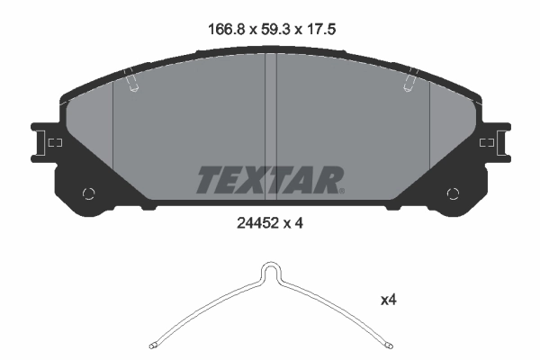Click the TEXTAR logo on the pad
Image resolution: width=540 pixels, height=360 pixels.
pyautogui.click(x=268, y=180)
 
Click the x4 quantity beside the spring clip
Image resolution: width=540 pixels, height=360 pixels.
pyautogui.click(x=388, y=301)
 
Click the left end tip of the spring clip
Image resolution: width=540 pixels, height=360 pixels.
pyautogui.click(x=153, y=344)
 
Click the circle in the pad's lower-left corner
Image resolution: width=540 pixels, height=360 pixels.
pyautogui.click(x=88, y=193)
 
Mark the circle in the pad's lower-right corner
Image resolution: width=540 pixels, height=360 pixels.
pyautogui.click(x=453, y=193)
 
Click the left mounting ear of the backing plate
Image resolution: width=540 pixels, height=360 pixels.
pyautogui.click(x=41, y=142)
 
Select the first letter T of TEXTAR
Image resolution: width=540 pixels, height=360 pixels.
pyautogui.click(x=207, y=180)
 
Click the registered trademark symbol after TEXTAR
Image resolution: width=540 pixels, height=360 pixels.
pyautogui.click(x=341, y=190)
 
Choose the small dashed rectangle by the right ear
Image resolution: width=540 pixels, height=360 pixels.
pyautogui.click(x=486, y=142)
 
